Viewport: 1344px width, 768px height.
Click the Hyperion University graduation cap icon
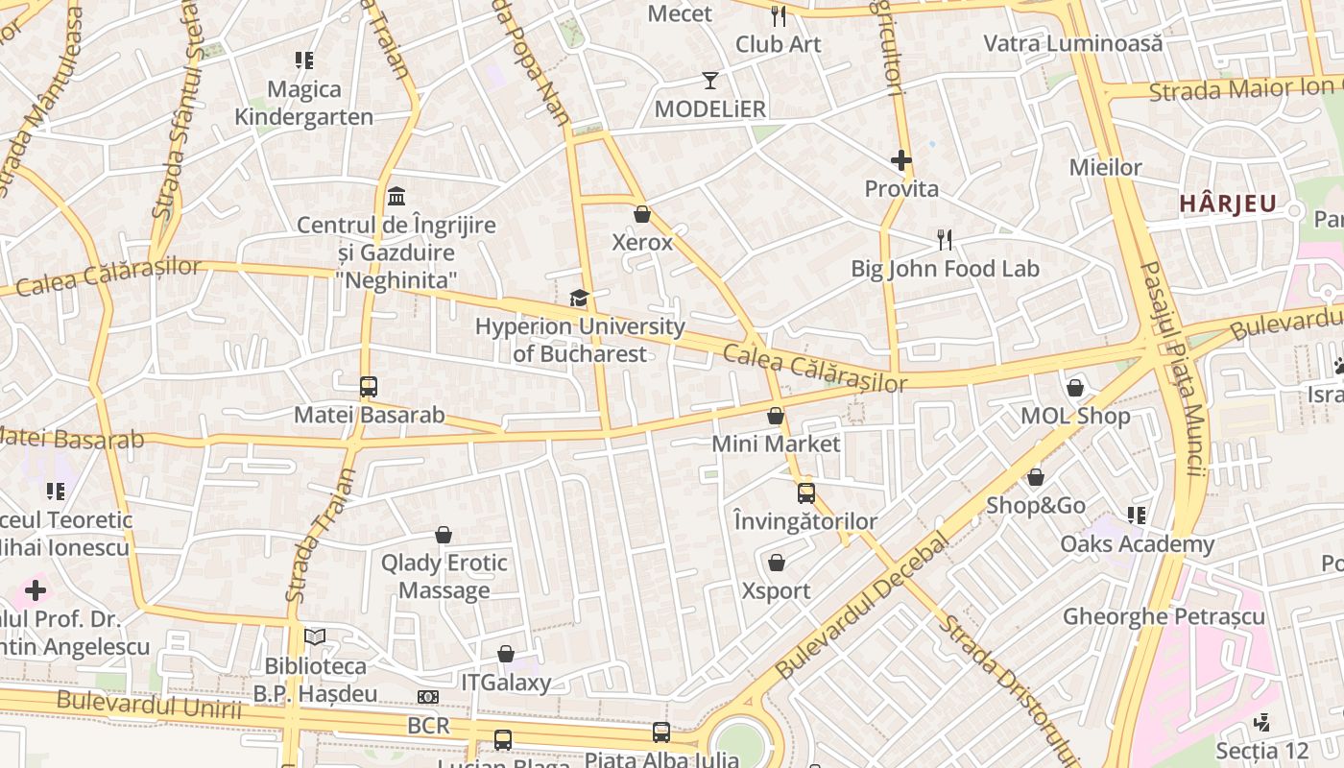pos(579,299)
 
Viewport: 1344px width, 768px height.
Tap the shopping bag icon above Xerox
pos(642,214)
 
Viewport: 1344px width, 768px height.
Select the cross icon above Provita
pos(900,160)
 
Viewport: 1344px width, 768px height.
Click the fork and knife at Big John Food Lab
pos(945,239)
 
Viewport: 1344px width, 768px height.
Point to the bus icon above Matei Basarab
pos(369,387)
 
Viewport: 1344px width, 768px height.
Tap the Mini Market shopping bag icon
pos(776,416)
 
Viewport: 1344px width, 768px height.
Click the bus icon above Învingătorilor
pos(806,493)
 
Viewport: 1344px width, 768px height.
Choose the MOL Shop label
pos(1075,417)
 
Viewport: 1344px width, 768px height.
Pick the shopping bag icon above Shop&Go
pos(1036,477)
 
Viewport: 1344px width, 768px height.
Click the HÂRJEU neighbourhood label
pos(1227,204)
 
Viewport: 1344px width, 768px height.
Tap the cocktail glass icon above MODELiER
pos(710,81)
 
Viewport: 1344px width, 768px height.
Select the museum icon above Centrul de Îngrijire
pos(396,197)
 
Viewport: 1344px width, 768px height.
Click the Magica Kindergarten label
pos(304,103)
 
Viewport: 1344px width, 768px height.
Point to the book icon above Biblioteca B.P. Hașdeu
pos(315,636)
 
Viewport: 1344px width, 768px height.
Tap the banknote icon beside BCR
pos(428,697)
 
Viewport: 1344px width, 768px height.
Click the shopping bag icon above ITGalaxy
pos(506,655)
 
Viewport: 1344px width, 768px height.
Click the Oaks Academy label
pos(1137,544)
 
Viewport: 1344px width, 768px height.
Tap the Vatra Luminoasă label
pos(1073,43)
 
